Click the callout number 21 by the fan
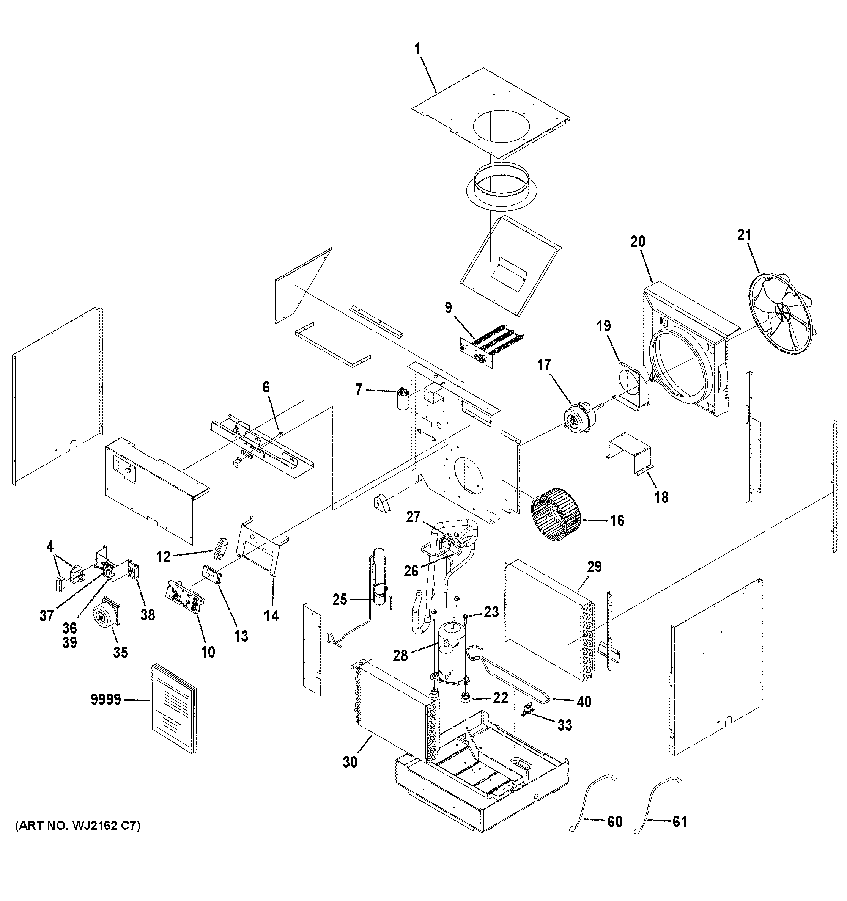pos(744,235)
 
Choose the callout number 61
pos(679,821)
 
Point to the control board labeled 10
pos(186,597)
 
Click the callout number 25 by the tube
pos(340,600)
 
